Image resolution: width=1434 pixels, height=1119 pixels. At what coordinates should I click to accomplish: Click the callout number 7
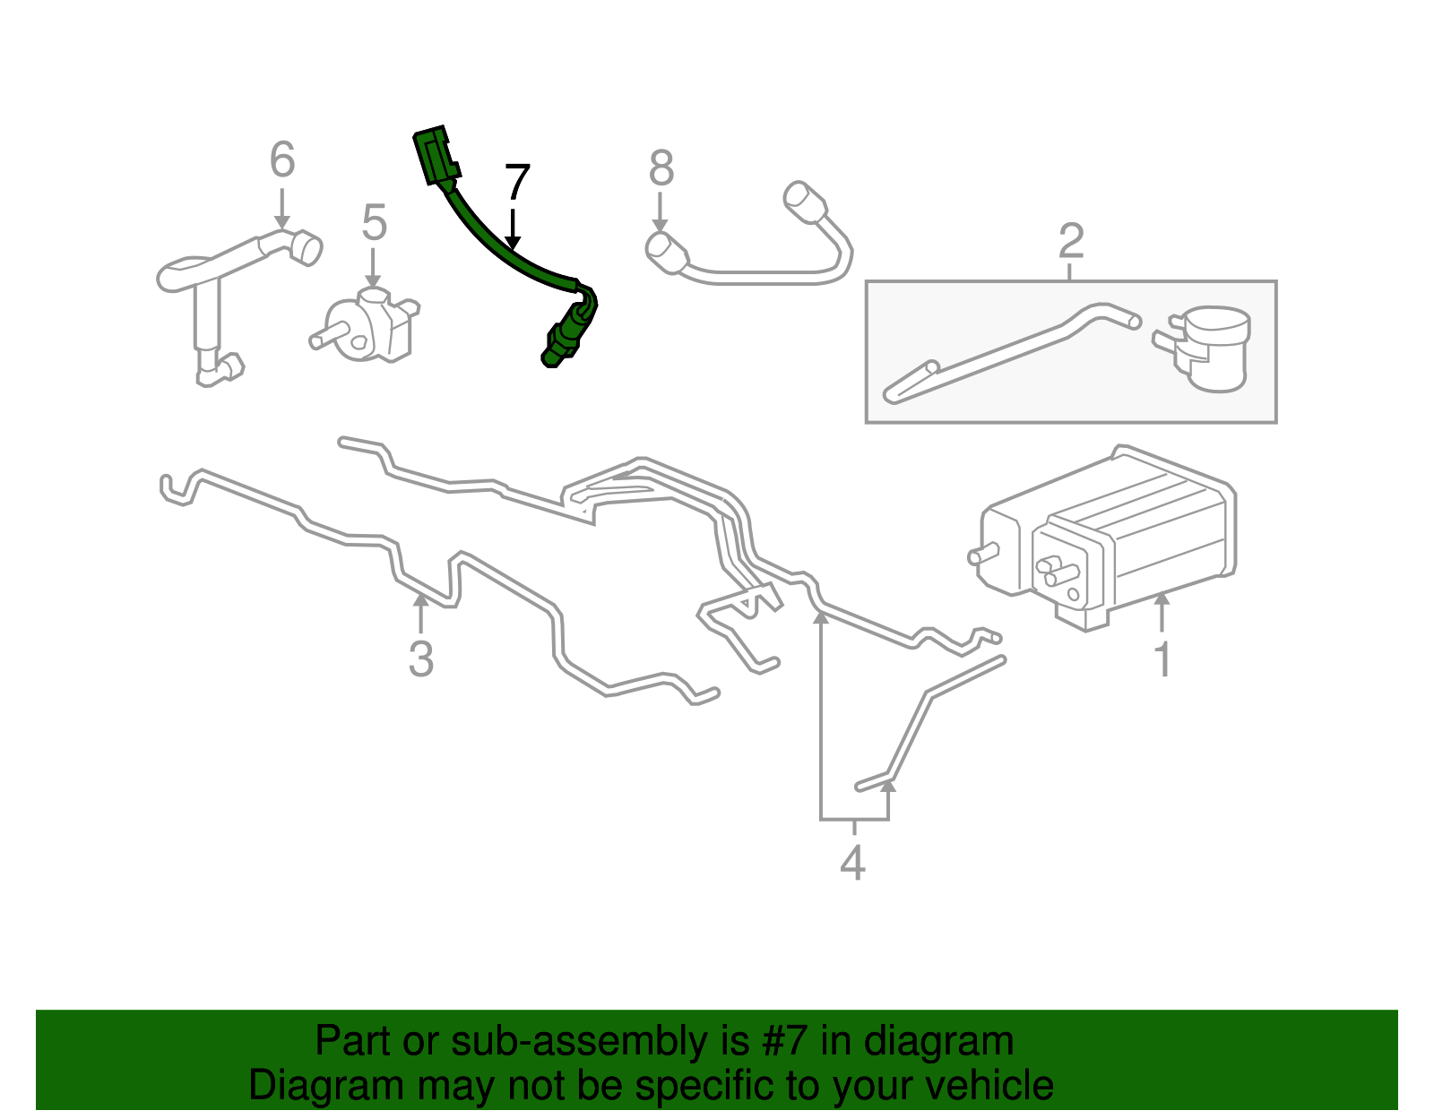pos(517,183)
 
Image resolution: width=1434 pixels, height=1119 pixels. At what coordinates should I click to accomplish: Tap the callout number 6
pos(282,160)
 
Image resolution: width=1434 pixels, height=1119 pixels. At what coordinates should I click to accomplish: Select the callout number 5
pos(374,222)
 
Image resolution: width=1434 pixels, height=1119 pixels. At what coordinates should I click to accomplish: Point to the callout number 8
pos(661,168)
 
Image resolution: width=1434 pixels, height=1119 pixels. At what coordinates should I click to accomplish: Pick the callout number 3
pos(420,658)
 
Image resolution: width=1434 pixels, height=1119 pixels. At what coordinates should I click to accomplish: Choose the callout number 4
pos(852,863)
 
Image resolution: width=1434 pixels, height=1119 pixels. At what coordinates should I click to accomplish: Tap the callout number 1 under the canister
pos(1162,659)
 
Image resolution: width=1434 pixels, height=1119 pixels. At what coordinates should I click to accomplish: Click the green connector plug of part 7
pos(434,158)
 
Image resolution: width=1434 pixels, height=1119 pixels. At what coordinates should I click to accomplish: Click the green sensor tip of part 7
pos(558,344)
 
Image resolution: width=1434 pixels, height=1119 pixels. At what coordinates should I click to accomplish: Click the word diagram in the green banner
pos(940,1042)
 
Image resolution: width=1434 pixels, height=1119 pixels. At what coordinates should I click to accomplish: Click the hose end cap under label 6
pos(306,247)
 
